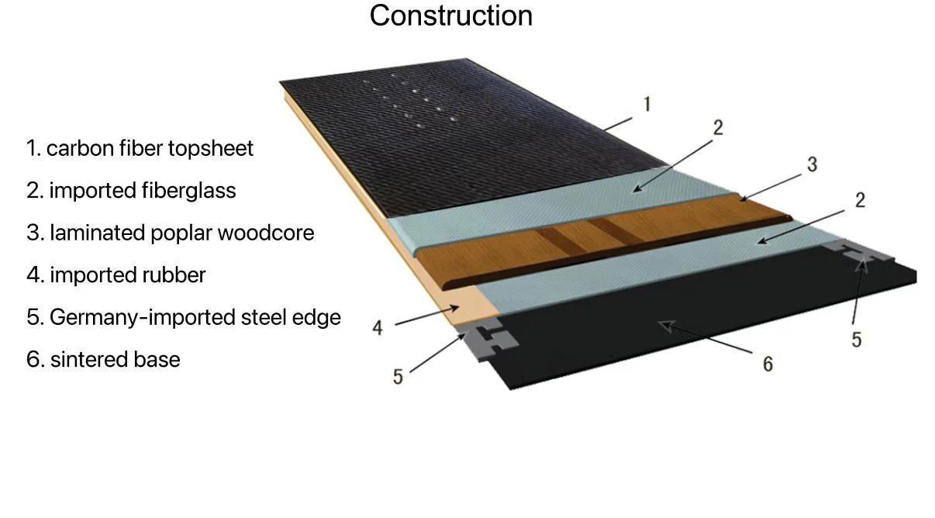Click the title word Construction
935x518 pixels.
(450, 16)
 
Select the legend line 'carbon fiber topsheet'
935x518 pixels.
(140, 149)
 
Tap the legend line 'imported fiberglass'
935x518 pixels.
(131, 191)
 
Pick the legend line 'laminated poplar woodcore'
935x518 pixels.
(171, 233)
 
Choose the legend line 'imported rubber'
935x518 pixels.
(116, 275)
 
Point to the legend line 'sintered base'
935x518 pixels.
(103, 359)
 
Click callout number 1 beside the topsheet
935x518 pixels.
(647, 105)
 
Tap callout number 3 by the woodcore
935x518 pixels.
(812, 164)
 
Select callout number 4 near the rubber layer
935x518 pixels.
(378, 328)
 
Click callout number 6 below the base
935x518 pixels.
(768, 364)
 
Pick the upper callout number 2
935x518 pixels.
(718, 128)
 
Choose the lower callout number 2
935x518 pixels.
(860, 200)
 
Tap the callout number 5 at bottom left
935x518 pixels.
(398, 377)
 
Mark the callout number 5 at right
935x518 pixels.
(857, 340)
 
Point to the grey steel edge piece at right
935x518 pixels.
(861, 252)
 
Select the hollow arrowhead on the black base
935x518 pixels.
(667, 326)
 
